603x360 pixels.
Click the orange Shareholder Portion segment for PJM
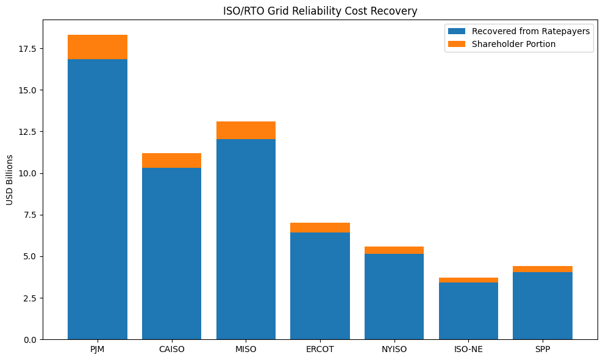coord(98,47)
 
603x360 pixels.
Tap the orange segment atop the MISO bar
coord(246,130)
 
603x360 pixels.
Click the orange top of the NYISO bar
coord(394,250)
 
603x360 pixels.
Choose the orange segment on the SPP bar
coord(543,269)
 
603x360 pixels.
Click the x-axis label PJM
coord(98,350)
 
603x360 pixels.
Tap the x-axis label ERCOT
coord(320,350)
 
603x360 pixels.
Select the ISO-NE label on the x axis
coord(468,350)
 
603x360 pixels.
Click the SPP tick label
coord(543,350)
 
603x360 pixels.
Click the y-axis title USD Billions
coord(10,179)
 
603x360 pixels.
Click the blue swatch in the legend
coord(456,31)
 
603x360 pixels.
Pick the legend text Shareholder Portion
coord(513,44)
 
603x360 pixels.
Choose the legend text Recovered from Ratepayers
coord(530,31)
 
